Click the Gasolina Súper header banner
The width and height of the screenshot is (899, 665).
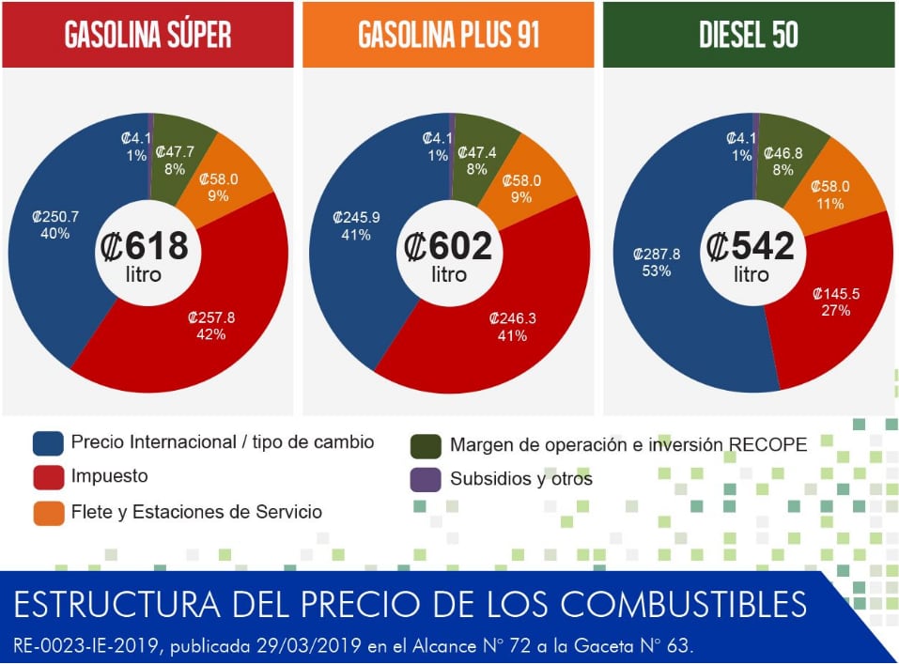pos(147,35)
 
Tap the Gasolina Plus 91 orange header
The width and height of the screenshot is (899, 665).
pos(448,35)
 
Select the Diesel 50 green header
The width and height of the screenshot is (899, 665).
pos(749,35)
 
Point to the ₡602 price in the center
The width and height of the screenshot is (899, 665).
pos(448,247)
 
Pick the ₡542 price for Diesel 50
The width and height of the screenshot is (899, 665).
pos(751,247)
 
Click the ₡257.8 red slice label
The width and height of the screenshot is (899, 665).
pos(211,317)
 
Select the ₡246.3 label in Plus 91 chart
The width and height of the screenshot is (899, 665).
pos(512,318)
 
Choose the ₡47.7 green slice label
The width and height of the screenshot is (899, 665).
pos(175,151)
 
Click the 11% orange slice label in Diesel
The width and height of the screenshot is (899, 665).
pos(831,204)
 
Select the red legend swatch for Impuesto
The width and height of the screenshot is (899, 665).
pos(48,477)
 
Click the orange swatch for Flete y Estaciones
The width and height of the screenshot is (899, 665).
pos(48,512)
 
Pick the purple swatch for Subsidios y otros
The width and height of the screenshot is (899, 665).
pos(426,479)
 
